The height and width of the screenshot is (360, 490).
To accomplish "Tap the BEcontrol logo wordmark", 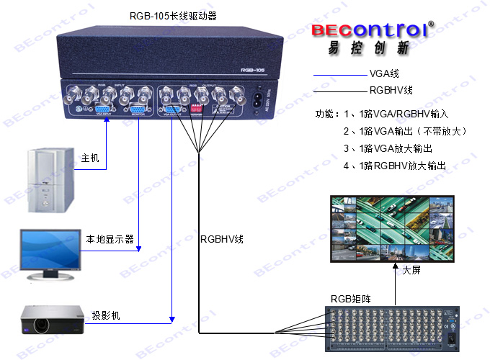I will [x=369, y=30].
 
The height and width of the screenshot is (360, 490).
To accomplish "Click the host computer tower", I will [x=49, y=179].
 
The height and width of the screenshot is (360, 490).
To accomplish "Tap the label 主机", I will [x=89, y=158].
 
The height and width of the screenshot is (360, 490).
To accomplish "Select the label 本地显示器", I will [x=110, y=239].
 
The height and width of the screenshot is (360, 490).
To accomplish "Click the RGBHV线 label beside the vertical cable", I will [x=223, y=238].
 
